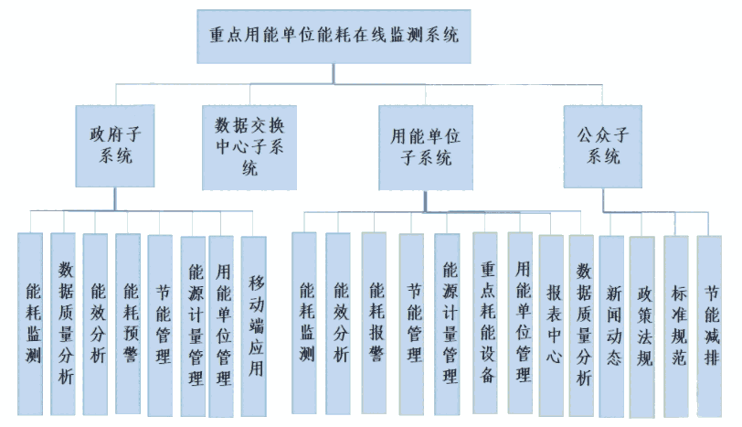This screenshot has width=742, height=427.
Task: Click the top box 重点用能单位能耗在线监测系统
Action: pos(334,37)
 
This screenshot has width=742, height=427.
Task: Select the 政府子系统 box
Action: pos(115,145)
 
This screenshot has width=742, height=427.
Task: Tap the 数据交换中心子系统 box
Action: pos(249,147)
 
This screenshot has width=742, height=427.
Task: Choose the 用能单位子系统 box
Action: pos(426,147)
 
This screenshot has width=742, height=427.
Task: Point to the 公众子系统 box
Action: pos(603,146)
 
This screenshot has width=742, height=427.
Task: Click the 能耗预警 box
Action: pos(128,324)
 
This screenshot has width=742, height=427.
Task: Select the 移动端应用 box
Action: pos(254,326)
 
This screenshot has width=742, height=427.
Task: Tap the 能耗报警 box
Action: pos(374,323)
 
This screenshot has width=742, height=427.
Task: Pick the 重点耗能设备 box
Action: pos(485,323)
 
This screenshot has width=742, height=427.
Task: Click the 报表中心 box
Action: pos(551,326)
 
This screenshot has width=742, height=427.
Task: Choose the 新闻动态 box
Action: pos(611,326)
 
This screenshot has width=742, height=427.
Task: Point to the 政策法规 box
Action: pos(642,327)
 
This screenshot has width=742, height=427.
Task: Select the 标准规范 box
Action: pos(676,326)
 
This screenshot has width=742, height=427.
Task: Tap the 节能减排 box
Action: pos(709,326)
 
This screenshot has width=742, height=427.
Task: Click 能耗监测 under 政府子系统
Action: pos(30,324)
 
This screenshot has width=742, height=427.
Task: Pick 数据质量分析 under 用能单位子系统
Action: pos(581,326)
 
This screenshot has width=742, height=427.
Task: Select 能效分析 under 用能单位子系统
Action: pos(338,324)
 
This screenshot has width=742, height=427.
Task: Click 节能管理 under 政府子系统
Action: pos(160,326)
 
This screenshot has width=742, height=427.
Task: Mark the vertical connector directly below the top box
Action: pos(334,74)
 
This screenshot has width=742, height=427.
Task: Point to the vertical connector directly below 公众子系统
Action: pos(603,199)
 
